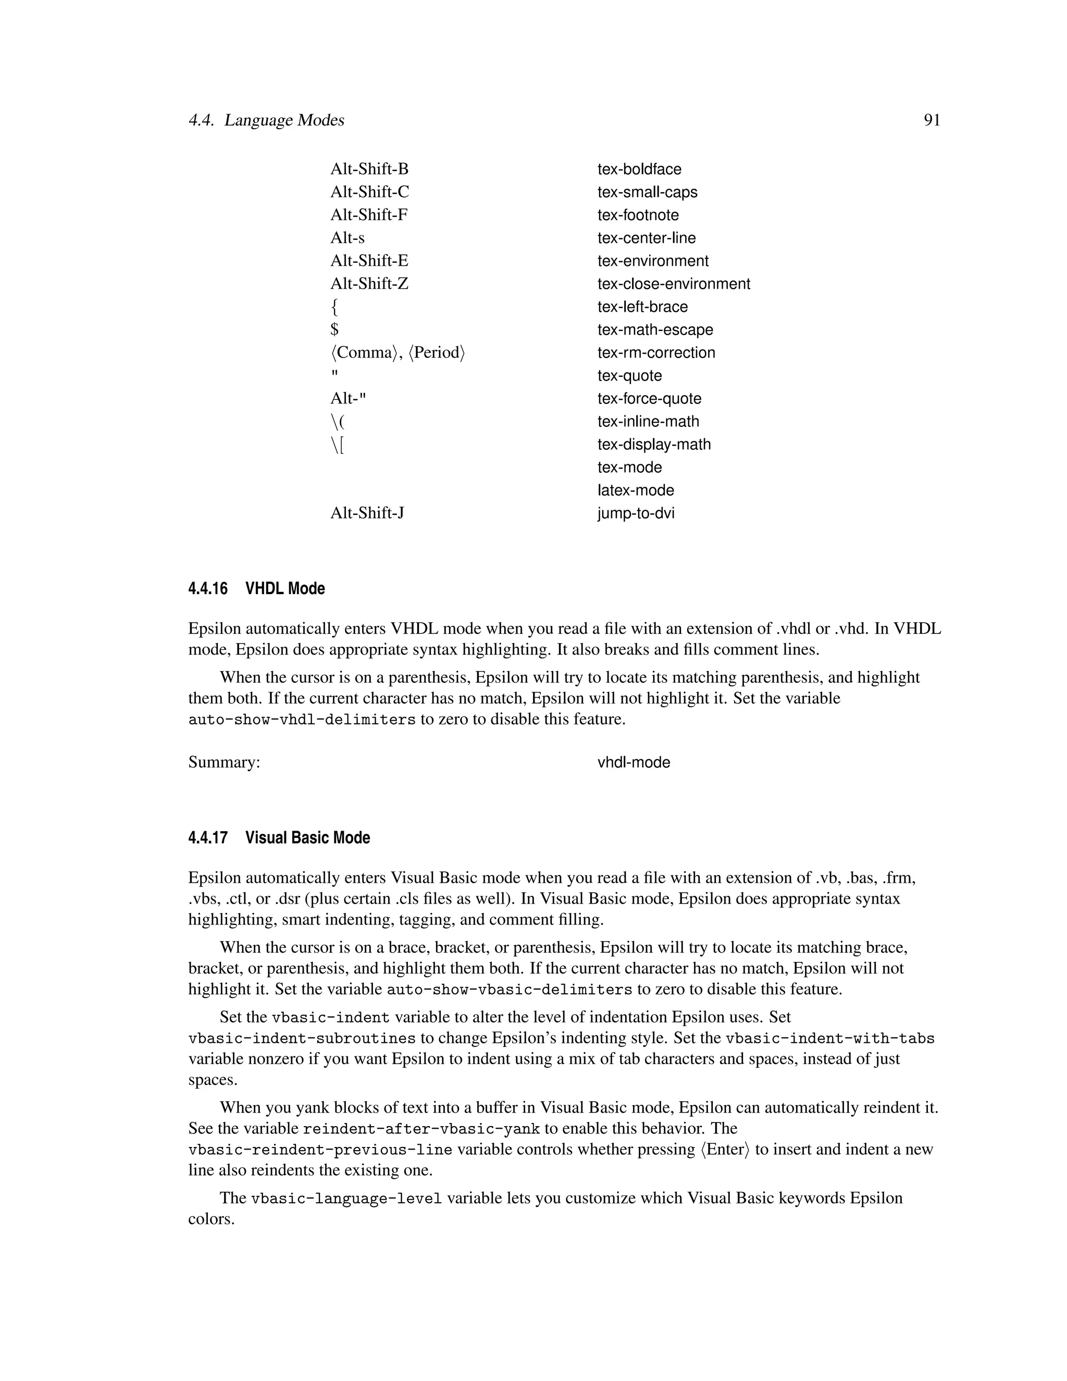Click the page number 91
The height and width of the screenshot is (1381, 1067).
932,120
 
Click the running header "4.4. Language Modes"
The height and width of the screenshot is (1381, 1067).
266,120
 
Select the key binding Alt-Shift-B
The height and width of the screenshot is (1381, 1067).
369,169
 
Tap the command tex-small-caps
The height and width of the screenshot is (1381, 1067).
647,192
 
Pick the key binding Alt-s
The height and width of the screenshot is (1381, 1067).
347,238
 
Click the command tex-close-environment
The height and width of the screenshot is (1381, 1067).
673,284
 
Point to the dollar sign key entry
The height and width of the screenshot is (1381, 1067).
334,330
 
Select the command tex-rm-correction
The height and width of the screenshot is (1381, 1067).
656,353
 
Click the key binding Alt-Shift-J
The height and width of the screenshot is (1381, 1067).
367,513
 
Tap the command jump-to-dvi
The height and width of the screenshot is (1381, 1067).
636,513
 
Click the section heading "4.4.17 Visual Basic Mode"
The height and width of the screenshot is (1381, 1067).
279,838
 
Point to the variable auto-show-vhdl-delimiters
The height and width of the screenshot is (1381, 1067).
302,720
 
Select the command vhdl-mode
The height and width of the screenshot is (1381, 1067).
634,762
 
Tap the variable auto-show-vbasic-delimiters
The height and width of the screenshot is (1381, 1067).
509,990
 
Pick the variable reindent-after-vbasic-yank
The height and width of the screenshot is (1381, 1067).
421,1129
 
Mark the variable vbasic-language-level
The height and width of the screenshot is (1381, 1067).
346,1198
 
